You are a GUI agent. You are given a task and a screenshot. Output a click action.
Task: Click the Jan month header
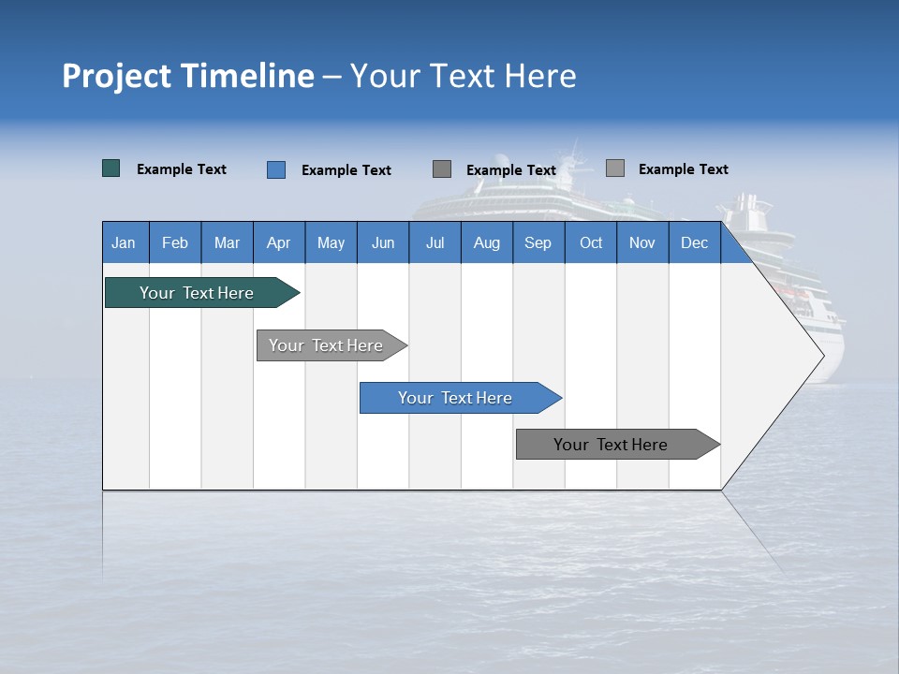tap(125, 242)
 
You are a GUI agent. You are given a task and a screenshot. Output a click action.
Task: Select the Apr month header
tap(279, 242)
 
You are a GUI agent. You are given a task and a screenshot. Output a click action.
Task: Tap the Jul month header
tap(435, 242)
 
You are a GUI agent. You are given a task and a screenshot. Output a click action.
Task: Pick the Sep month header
tap(538, 242)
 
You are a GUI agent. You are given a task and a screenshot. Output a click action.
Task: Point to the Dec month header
tap(694, 242)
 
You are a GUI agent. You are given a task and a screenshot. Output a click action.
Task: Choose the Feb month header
tap(175, 242)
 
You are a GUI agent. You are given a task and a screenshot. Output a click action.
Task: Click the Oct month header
tap(591, 242)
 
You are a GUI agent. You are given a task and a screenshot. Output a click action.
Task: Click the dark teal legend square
tap(111, 168)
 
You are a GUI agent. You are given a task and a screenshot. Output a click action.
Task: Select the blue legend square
tap(276, 169)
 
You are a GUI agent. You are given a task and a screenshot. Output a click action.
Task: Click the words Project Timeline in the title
tap(188, 76)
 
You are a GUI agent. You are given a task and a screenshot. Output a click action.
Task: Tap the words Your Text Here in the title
tap(463, 76)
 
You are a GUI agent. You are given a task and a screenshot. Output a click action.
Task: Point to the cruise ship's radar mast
tap(573, 154)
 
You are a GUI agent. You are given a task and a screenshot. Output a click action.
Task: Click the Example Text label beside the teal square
tap(182, 169)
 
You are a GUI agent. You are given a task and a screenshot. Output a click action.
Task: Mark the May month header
tap(331, 242)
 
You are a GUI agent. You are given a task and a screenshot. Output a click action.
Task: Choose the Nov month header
tap(642, 242)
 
